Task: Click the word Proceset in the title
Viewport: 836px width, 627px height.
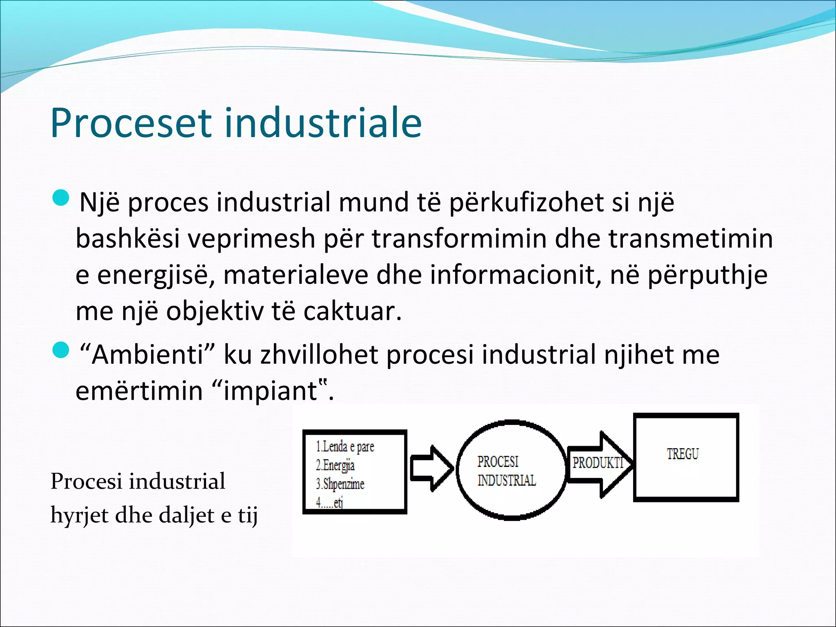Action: coord(131,123)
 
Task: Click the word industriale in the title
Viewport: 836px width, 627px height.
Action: coord(323,122)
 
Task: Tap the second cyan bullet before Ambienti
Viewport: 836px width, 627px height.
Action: coord(62,351)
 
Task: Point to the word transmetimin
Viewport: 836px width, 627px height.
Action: coord(691,239)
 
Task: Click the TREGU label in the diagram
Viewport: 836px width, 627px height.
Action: coord(683,454)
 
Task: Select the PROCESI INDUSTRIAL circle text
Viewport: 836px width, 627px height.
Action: coord(506,471)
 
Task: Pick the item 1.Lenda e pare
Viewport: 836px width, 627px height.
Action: coord(345,447)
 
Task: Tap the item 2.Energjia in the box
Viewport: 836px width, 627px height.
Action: coord(335,465)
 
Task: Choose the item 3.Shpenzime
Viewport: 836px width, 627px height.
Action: coord(340,484)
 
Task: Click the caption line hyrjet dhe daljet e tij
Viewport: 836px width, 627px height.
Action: coord(154,515)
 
